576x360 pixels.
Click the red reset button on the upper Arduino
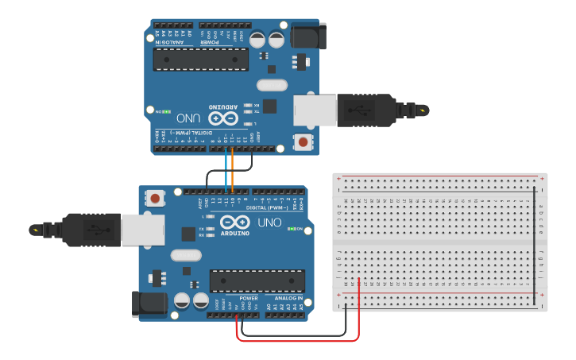[303, 143]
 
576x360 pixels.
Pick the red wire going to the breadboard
[359, 314]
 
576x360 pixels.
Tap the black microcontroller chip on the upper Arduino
[201, 59]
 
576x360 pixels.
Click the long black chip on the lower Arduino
[257, 281]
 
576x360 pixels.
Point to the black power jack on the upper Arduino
[307, 36]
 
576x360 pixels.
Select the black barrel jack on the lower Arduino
[149, 304]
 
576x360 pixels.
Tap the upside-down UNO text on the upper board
[187, 117]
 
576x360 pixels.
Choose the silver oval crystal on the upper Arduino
[272, 85]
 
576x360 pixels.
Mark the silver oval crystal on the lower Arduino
[186, 255]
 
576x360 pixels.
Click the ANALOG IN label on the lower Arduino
[288, 299]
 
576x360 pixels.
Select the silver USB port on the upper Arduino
[310, 110]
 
